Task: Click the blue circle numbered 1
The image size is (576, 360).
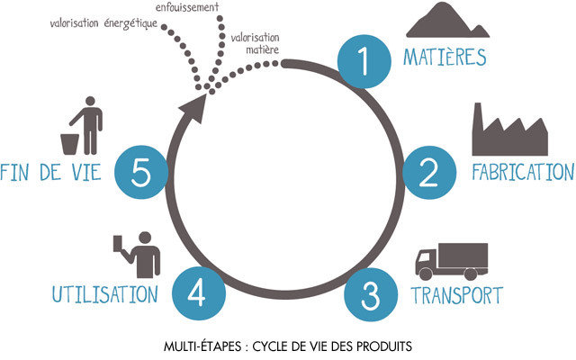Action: (x=363, y=64)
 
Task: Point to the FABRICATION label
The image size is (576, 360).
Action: (x=522, y=172)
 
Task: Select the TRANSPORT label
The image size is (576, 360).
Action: (x=456, y=294)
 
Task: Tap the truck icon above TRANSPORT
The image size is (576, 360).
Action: (x=451, y=259)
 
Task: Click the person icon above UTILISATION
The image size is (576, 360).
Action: (x=139, y=255)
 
